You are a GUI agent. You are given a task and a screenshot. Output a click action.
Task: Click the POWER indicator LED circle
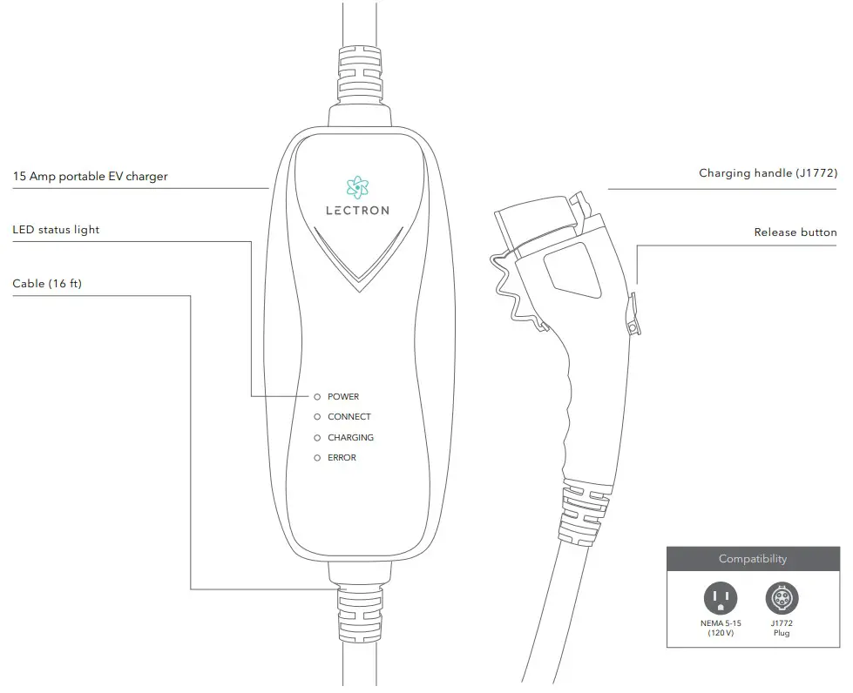tap(317, 397)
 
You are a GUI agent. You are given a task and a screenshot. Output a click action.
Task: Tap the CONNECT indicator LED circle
tap(317, 417)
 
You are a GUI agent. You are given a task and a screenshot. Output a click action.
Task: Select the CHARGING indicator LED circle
tap(317, 438)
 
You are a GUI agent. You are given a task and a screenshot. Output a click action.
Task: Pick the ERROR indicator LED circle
tap(317, 458)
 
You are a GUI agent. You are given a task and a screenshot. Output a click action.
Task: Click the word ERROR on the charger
tap(342, 458)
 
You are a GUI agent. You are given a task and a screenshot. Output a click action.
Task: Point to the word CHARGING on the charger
tap(350, 438)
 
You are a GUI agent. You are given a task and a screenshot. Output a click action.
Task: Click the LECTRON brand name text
tap(357, 211)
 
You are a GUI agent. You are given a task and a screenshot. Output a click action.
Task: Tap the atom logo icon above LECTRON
tap(357, 186)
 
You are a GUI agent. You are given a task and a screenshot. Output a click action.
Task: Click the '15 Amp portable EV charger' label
tap(90, 176)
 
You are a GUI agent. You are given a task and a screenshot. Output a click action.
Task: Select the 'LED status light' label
tap(56, 230)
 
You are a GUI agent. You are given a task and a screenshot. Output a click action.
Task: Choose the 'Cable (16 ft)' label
tap(47, 284)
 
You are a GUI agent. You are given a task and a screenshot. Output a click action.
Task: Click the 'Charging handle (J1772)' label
tap(767, 173)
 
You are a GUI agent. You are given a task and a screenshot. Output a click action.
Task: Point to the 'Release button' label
tap(795, 232)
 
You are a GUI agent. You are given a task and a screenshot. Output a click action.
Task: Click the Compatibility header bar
tap(752, 559)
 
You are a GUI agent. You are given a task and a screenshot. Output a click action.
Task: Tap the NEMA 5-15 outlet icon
tap(720, 599)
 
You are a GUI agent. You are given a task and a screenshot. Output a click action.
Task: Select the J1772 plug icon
tap(782, 599)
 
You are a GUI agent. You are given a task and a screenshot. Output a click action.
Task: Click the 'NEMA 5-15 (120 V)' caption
tap(720, 628)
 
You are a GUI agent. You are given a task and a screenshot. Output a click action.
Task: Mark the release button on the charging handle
tap(633, 313)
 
